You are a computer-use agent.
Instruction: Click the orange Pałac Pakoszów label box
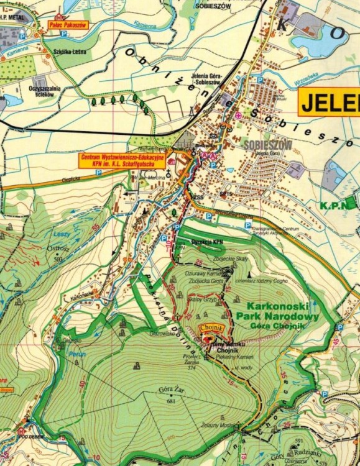point(68,25)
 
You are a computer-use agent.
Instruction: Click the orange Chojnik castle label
point(210,327)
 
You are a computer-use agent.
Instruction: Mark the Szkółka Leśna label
point(69,52)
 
